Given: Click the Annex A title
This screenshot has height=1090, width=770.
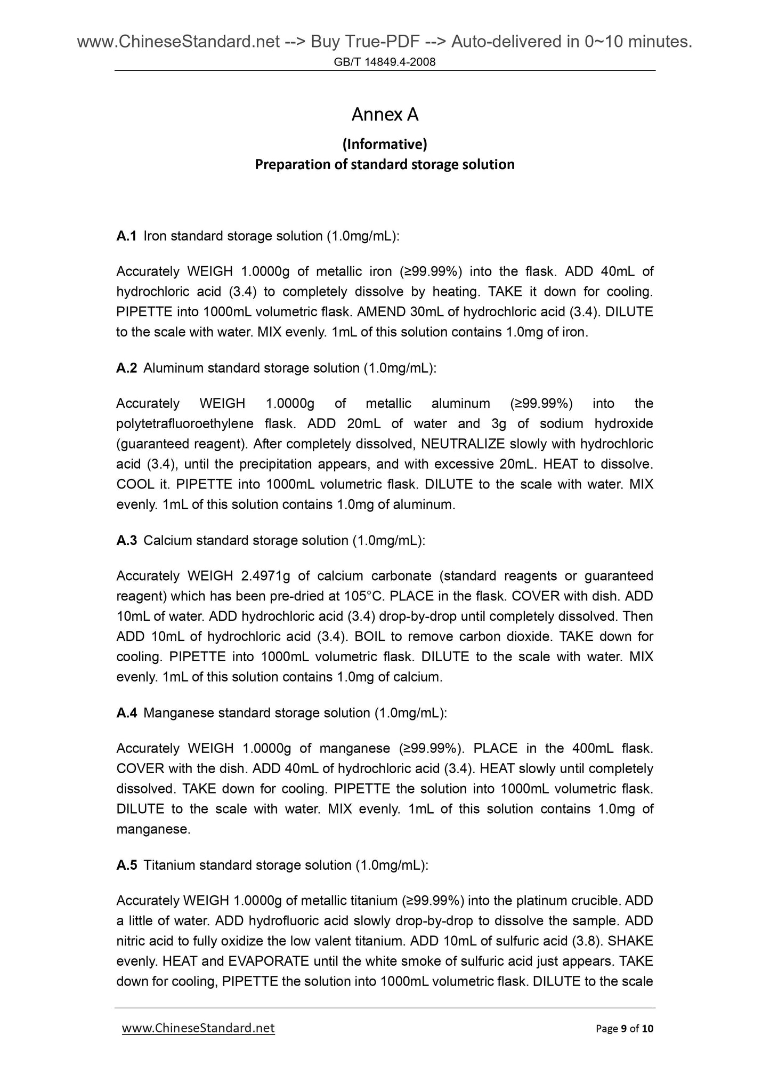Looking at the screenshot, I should pyautogui.click(x=385, y=115).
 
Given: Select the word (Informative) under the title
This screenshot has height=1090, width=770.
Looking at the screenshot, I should pyautogui.click(x=385, y=144).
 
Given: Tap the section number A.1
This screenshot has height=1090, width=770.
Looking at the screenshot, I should pyautogui.click(x=126, y=236).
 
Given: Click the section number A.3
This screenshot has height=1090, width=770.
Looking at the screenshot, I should pyautogui.click(x=126, y=540).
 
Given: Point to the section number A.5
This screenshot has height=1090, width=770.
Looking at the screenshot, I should pyautogui.click(x=126, y=865).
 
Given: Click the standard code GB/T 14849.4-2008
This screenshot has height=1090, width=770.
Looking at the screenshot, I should pyautogui.click(x=385, y=62).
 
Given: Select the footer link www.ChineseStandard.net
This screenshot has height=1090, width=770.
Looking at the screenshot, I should pyautogui.click(x=198, y=1028).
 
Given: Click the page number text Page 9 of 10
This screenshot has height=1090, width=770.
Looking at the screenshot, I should pyautogui.click(x=624, y=1029).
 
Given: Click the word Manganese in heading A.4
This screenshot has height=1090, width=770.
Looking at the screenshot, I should pyautogui.click(x=179, y=713).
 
